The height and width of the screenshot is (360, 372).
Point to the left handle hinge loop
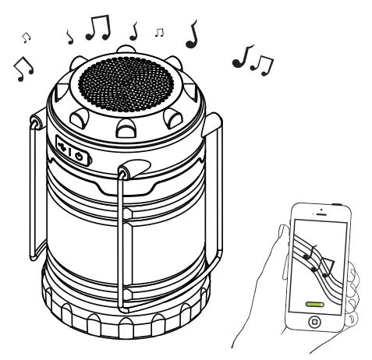(34, 122)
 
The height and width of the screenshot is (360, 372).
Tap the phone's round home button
(314, 320)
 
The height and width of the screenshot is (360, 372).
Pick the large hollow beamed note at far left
(24, 69)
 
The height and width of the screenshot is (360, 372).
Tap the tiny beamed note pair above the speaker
(159, 33)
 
